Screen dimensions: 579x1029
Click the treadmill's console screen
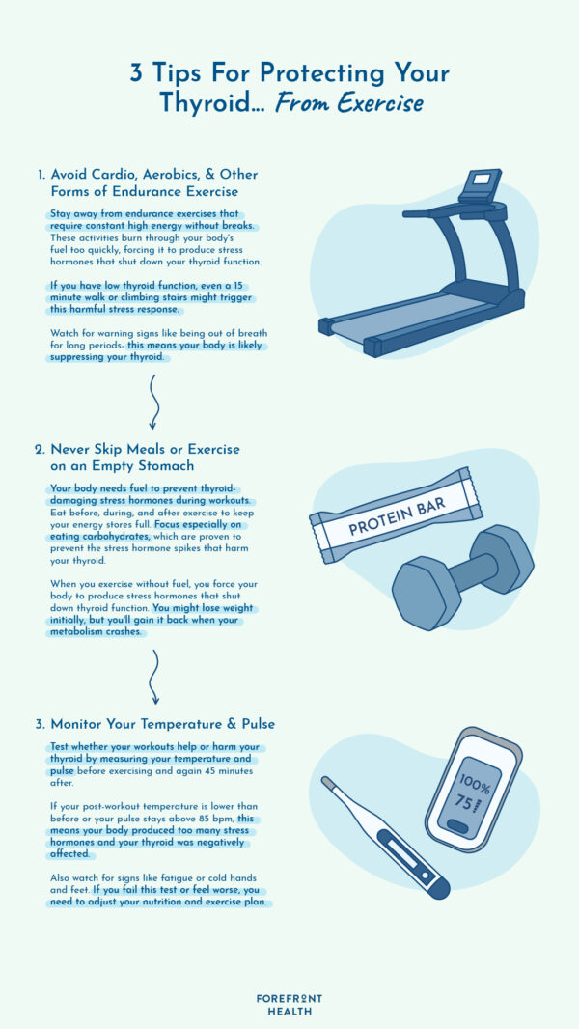click(x=482, y=178)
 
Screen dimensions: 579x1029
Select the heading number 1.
click(x=41, y=176)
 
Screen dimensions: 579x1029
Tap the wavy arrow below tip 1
click(x=154, y=402)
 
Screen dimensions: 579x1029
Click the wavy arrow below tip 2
click(x=154, y=677)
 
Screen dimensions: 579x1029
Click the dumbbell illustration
click(x=463, y=577)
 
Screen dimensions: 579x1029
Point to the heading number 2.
click(x=40, y=450)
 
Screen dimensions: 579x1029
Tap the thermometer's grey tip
click(x=328, y=782)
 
